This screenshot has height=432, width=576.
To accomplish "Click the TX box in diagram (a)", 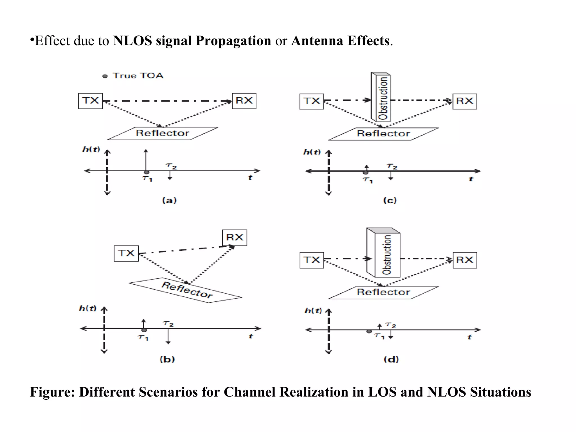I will click(x=90, y=101).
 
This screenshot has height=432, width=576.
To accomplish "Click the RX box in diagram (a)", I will click(x=244, y=101).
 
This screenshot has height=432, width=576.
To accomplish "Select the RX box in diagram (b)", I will click(x=235, y=238).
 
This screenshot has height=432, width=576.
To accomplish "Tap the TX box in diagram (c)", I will click(x=312, y=102).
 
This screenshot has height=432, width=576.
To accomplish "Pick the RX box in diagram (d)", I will click(x=465, y=260).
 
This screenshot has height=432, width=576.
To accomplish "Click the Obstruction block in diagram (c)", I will click(x=381, y=97).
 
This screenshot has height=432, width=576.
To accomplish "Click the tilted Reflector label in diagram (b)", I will click(x=187, y=290).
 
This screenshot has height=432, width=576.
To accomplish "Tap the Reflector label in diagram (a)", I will click(x=162, y=133).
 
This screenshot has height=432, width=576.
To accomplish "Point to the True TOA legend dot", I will click(x=105, y=76).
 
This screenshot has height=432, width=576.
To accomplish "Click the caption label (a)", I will click(x=169, y=201).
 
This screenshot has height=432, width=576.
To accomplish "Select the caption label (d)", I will click(x=391, y=359).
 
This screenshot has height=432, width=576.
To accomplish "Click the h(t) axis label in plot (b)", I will click(x=88, y=309).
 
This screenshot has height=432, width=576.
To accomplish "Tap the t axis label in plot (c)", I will click(x=471, y=179).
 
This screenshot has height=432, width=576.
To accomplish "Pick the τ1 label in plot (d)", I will click(x=379, y=336).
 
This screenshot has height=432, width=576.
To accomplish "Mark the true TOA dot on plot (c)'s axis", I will click(x=365, y=173).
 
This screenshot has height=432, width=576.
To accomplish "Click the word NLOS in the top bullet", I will click(x=132, y=41).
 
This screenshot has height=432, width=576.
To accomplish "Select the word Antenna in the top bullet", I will click(x=317, y=41).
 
